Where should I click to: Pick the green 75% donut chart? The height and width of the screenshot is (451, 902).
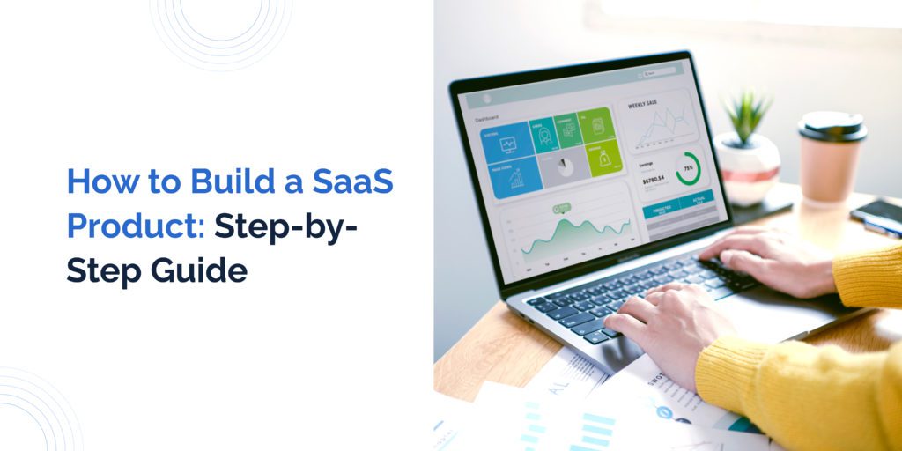(688, 169)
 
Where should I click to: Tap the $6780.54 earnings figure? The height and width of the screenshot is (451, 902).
(654, 180)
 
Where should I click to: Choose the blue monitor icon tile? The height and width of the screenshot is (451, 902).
(508, 143)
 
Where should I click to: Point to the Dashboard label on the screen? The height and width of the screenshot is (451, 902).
(487, 117)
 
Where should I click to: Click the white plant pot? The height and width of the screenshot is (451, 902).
(747, 167)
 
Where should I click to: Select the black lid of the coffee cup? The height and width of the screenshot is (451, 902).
(832, 127)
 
